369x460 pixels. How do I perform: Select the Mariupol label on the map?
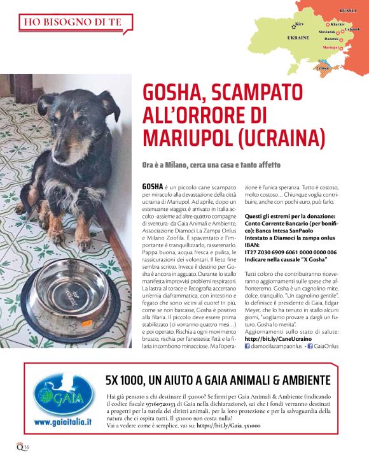point(330,47)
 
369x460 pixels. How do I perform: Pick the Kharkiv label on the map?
point(337,24)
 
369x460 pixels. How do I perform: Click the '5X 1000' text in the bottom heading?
point(126,381)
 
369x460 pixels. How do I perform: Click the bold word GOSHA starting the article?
point(153,186)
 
